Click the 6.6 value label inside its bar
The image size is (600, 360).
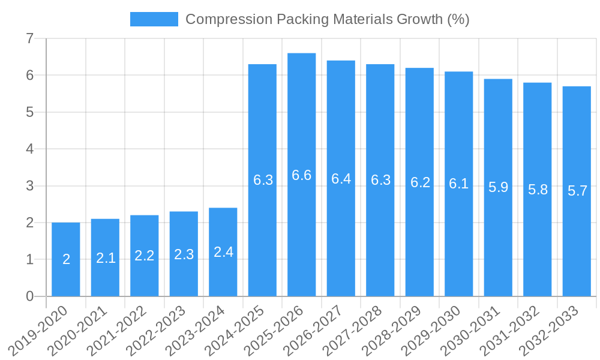click(301, 175)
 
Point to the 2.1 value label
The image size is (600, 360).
click(106, 258)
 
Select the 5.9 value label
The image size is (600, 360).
click(498, 187)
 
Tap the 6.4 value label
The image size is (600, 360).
click(341, 179)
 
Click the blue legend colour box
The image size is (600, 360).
click(154, 19)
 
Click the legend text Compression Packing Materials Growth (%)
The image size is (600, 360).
click(327, 19)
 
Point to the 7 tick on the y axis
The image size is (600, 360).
click(29, 39)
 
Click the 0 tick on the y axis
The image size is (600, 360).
click(29, 296)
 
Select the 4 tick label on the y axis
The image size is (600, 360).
click(29, 149)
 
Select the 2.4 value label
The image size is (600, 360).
click(223, 252)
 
